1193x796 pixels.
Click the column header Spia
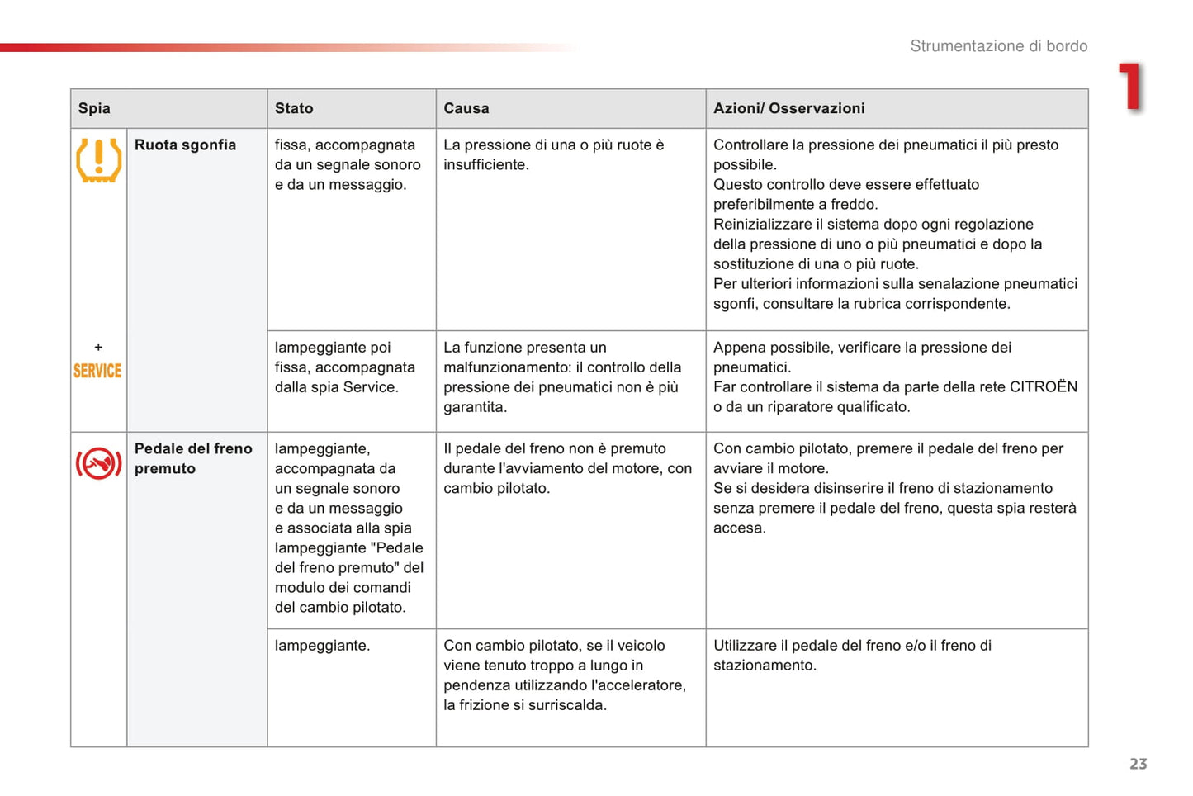coord(94,108)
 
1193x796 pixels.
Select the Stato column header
coord(294,108)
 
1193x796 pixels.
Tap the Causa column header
coord(466,108)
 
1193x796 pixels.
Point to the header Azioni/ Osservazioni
coord(788,108)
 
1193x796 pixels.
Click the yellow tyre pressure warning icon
coord(98,159)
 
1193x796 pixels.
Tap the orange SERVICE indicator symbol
coord(97,371)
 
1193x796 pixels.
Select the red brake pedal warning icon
coord(98,463)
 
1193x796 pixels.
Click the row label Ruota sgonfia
coord(185,145)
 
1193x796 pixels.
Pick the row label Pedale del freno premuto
coord(193,458)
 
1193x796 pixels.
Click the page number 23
coord(1139,764)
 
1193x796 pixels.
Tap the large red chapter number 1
coord(1131,87)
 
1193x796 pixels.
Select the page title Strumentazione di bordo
coord(998,46)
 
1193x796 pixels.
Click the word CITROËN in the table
coord(1044,386)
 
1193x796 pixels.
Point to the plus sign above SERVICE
coord(98,347)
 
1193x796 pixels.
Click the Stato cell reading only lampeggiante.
coord(322,646)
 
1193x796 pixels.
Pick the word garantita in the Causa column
coord(473,407)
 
